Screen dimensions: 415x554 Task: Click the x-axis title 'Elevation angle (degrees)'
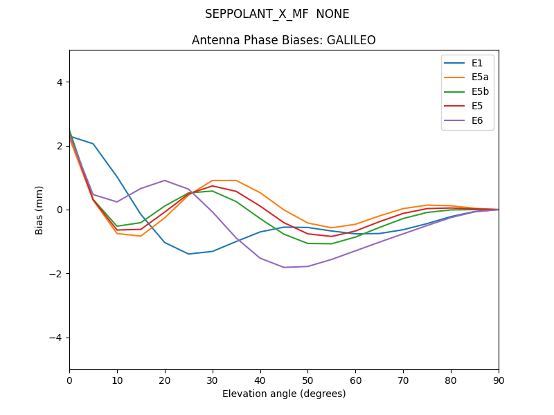(x=284, y=394)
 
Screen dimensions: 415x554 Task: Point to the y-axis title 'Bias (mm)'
(x=39, y=210)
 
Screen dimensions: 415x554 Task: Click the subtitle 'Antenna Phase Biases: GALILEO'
(x=284, y=40)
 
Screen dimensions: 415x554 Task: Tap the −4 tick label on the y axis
(x=56, y=338)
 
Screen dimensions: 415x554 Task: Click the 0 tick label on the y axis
(x=59, y=210)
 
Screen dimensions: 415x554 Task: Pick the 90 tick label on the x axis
(x=499, y=380)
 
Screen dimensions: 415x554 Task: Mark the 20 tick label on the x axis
(x=165, y=380)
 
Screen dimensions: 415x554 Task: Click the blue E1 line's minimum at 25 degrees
(x=188, y=254)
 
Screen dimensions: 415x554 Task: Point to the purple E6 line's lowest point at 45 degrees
(x=284, y=267)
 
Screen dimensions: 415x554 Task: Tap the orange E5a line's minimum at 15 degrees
(x=141, y=236)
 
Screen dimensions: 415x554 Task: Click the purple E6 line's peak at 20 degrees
(x=165, y=181)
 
